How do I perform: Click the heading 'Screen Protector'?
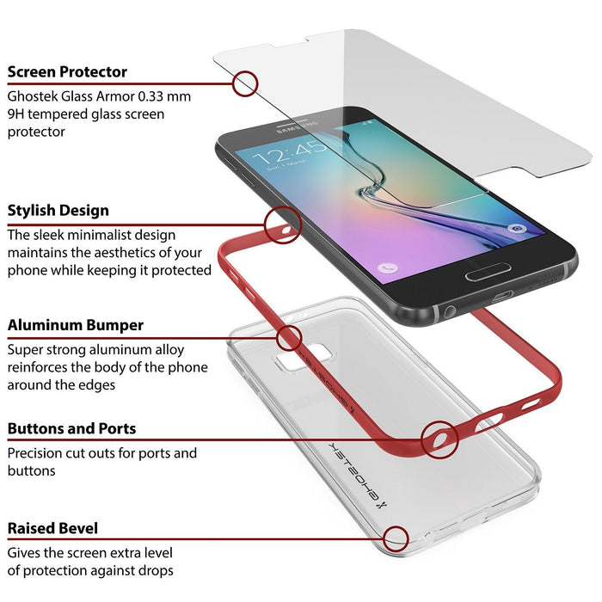tap(67, 72)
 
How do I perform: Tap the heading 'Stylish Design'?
tap(58, 211)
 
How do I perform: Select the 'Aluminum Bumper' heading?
tap(76, 326)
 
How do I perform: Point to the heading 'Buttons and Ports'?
tap(72, 428)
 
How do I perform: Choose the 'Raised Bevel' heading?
tap(53, 528)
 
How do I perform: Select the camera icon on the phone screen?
tap(516, 230)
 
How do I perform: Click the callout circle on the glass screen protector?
tap(245, 83)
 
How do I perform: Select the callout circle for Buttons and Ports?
tap(439, 439)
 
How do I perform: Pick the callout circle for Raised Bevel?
tap(396, 539)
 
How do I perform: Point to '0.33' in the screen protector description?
tap(155, 96)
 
